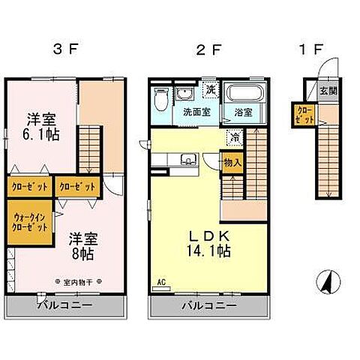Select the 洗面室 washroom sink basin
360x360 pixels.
point(185,95)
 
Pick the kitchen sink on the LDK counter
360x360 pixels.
point(189,158)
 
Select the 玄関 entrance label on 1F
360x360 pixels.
point(328,91)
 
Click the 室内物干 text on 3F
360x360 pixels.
point(74,283)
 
